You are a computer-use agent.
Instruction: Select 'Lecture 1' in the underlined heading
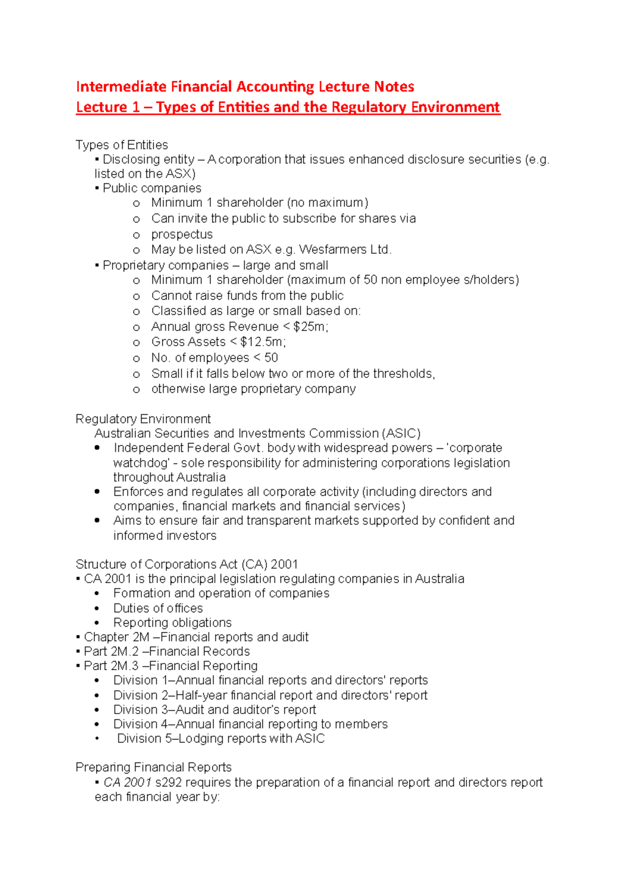107,107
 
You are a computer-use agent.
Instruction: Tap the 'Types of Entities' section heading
122,145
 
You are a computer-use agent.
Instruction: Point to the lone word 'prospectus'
182,234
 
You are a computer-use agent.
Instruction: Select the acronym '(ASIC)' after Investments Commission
401,434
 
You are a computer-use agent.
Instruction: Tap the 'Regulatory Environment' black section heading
143,419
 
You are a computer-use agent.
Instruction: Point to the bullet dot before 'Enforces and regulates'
97,491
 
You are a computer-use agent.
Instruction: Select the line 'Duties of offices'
158,608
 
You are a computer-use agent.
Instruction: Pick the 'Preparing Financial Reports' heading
153,767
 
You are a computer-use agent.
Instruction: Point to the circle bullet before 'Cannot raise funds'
137,297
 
